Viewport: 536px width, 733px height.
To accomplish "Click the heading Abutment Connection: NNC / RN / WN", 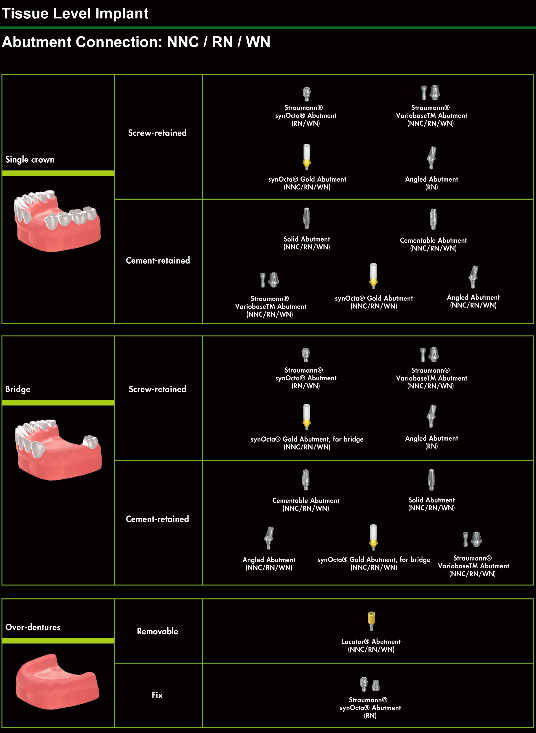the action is [x=136, y=42].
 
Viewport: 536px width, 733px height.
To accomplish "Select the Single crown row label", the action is [x=30, y=160].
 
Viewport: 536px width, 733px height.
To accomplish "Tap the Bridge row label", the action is [x=18, y=389].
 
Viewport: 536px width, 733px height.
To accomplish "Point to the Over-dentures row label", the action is [x=33, y=627].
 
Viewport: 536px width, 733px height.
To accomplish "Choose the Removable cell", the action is [x=157, y=631].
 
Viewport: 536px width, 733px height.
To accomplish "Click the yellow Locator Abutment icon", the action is [x=371, y=621].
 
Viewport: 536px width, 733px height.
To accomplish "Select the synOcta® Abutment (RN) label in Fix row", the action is [x=370, y=708].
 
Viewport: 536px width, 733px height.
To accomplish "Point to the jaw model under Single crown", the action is [x=57, y=221].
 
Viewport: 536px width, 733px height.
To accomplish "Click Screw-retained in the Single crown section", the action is [x=157, y=133].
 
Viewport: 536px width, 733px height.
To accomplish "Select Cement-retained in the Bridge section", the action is [x=157, y=519].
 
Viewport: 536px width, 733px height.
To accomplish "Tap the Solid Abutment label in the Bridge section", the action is [x=431, y=504].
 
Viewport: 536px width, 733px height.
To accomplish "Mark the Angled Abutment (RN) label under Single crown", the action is [x=431, y=183].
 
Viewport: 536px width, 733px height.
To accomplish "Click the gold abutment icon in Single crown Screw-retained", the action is [x=307, y=157].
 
